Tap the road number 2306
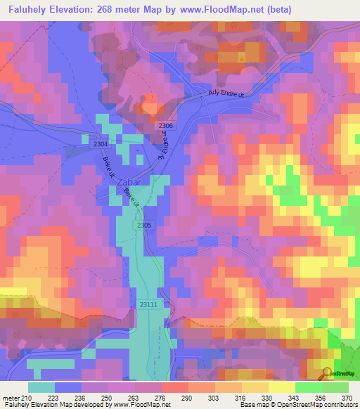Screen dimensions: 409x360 (166, 125)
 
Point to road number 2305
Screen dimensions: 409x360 (144, 225)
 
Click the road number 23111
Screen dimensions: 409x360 (148, 304)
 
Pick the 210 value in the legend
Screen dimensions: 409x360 (27, 398)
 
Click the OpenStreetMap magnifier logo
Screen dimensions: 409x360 (328, 373)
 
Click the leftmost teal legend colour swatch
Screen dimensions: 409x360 (41, 387)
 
